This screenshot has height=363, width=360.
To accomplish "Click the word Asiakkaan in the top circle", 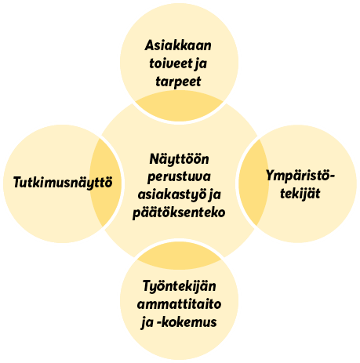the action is coord(178,45).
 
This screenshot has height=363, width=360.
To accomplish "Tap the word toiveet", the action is coord(170,64).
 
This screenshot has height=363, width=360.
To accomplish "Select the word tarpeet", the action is coord(178,82).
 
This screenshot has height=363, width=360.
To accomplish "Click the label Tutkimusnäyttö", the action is coord(63,182).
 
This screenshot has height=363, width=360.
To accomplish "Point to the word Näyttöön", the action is coord(179,158).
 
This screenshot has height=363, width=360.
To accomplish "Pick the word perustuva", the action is coord(179,177).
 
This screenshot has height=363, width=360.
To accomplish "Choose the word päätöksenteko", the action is coord(179,212).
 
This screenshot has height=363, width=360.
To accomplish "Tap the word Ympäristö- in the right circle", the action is coord(300,176).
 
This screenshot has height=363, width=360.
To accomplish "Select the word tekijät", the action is coord(300,194).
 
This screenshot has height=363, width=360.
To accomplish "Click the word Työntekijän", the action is coord(180,286).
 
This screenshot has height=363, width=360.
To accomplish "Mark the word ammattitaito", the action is coord(179,304).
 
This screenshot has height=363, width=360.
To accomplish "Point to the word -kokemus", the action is coord(187,321).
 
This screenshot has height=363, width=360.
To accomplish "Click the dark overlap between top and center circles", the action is coord(179,107).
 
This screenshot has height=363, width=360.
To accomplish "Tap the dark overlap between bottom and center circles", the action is coord(179,256).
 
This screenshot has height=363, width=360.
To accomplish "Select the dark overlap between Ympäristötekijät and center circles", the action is coord(254,182).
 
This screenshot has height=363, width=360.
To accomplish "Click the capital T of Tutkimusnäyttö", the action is coord(17,182).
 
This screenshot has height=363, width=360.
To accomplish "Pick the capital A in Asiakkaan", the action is coord(150,45).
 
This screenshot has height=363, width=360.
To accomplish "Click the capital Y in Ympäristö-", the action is coord(271,175).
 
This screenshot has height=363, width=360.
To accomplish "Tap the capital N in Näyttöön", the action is coord(155,159).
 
